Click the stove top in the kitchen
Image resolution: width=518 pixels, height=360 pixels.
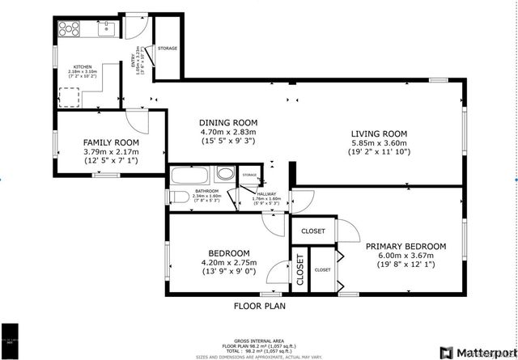point(68,30)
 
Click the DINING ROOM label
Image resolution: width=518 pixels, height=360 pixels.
point(227,122)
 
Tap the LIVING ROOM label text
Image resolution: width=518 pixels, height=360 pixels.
point(378,133)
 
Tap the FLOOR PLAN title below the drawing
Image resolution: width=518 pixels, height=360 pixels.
point(259,307)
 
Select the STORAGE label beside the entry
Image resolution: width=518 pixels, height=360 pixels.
point(168,49)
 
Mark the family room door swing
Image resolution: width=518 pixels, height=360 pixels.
point(141,121)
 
